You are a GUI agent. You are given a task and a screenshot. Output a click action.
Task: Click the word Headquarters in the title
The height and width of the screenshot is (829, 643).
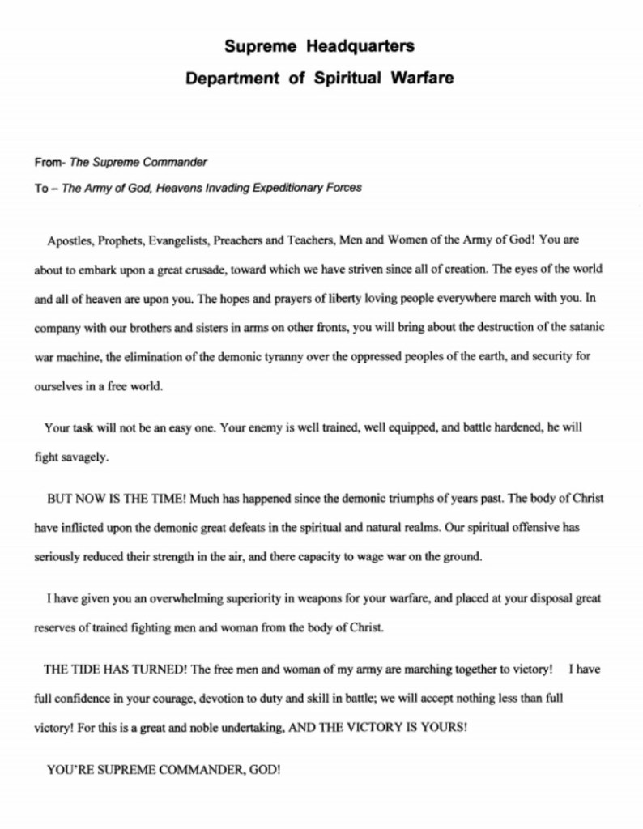pos(363,46)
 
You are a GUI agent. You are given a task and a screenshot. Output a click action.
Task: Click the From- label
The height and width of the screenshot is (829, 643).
pos(50,162)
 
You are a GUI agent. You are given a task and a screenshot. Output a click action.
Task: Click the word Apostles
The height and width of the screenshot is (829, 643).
pos(70,240)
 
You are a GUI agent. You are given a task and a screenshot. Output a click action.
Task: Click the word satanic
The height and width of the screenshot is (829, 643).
pos(588,326)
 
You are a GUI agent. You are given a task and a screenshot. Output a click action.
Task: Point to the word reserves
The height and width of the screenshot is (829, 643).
pos(54,627)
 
